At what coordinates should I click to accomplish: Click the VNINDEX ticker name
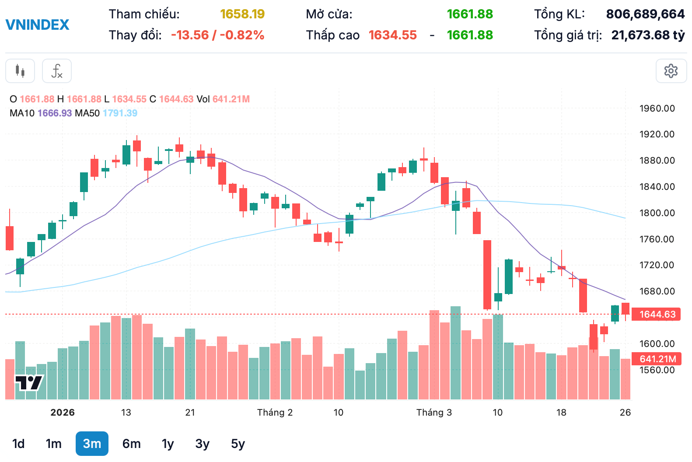(37, 24)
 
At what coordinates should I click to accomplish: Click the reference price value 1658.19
(242, 14)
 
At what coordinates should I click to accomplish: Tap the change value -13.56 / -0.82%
(217, 35)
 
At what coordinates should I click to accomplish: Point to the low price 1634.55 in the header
(392, 35)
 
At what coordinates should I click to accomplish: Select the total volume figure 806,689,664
(645, 14)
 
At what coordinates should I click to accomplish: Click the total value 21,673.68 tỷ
(648, 35)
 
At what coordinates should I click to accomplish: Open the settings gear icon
(671, 71)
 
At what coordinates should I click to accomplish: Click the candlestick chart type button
(20, 71)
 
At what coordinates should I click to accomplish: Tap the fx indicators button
(57, 71)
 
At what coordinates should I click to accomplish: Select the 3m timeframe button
(92, 444)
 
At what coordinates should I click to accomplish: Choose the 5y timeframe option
(238, 444)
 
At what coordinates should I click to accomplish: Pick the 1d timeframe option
(18, 444)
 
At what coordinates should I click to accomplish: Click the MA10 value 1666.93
(55, 113)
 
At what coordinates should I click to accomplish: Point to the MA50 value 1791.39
(120, 113)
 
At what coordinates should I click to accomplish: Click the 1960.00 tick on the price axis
(657, 108)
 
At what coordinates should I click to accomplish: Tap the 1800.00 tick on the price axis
(657, 213)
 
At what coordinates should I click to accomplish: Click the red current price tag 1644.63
(657, 314)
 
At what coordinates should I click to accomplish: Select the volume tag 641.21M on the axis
(657, 359)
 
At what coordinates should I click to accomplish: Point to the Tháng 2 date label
(275, 413)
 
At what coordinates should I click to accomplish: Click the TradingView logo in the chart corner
(29, 383)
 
